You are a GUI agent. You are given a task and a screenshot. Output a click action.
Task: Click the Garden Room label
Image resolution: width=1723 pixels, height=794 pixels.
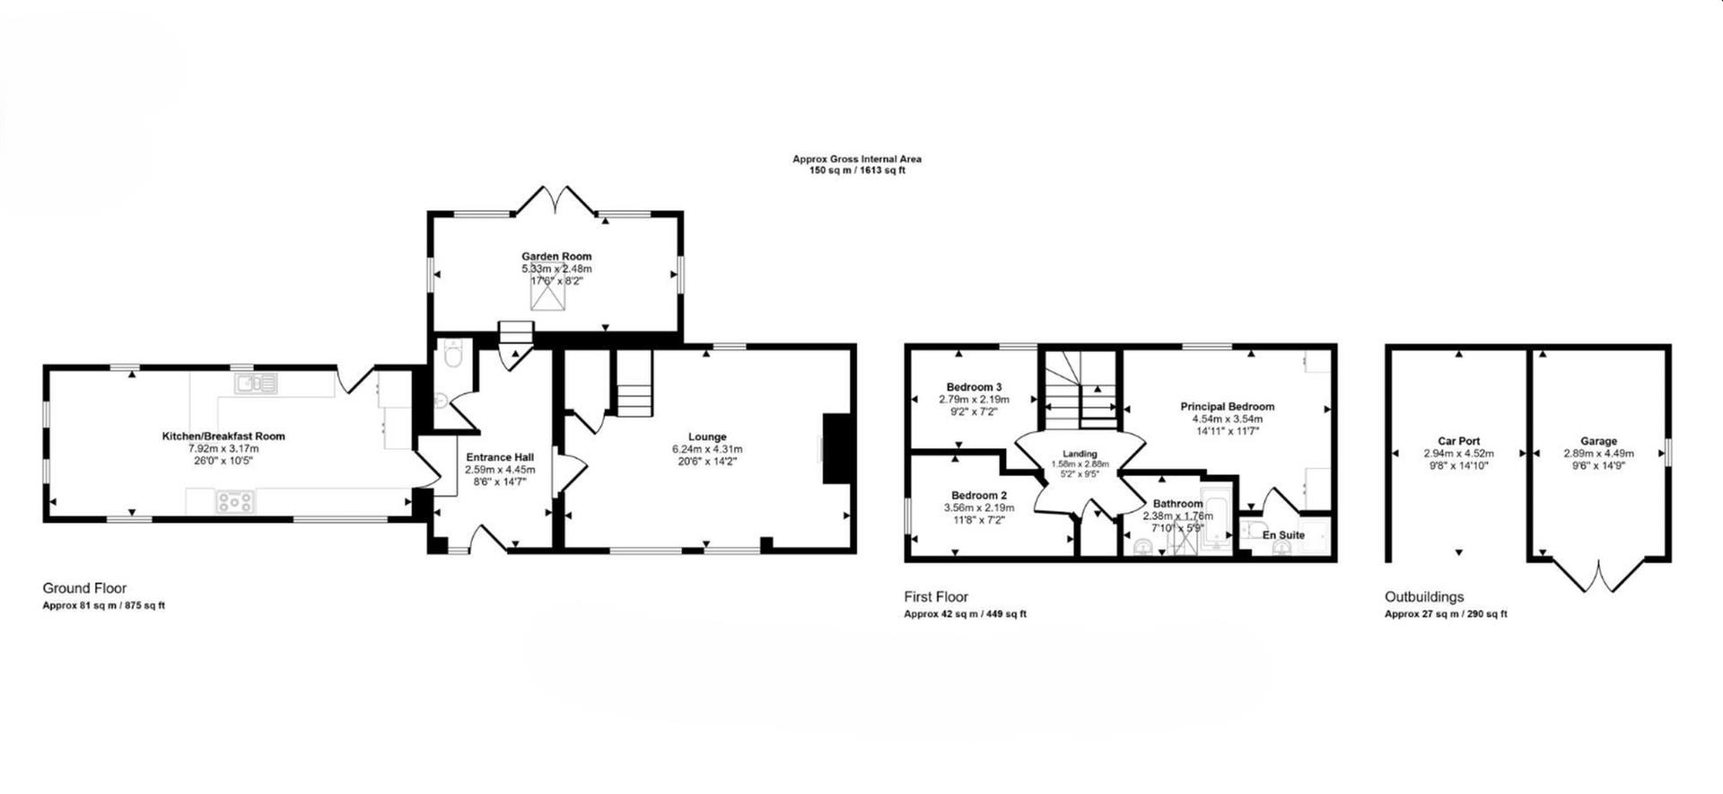556,256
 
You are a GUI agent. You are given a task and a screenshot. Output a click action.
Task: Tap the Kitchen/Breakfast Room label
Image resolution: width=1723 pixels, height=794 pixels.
223,437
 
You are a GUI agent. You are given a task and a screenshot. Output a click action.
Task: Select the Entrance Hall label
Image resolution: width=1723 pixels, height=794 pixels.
500,457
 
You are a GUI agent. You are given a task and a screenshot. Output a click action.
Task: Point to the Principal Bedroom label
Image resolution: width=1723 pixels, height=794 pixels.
1227,407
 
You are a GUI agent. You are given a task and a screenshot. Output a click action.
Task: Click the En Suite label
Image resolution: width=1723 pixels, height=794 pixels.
1283,535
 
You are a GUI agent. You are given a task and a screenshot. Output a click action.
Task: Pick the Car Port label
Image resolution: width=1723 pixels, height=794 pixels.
1458,441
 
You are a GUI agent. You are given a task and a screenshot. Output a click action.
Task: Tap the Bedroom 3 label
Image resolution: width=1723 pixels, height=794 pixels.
974,387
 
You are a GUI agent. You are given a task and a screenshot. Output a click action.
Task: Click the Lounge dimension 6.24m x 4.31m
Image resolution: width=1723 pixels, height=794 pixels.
707,449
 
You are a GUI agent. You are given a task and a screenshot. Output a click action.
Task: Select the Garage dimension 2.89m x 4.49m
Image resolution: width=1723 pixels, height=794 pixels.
1598,454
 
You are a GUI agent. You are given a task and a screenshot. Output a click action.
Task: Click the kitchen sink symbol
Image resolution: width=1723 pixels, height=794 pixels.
256,384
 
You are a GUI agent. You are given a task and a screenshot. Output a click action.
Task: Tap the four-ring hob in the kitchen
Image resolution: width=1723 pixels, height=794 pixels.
234,502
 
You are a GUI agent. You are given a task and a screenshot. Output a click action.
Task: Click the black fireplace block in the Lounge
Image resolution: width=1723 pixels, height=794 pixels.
836,448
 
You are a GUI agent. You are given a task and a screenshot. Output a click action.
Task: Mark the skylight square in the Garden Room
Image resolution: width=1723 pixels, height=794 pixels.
547,292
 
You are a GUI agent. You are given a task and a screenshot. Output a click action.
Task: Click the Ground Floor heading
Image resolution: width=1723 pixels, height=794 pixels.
84,588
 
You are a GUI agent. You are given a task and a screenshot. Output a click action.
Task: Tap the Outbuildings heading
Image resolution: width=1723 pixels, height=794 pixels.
1424,597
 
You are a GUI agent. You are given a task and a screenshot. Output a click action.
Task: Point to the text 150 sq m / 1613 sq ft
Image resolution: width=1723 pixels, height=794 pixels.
857,171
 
